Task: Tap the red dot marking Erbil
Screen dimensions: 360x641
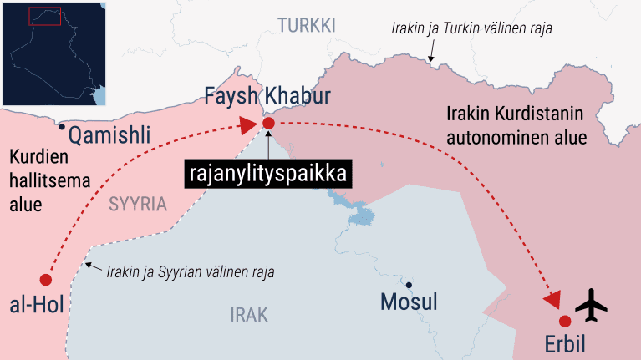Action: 565,321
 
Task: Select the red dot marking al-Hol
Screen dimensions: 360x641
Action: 45,280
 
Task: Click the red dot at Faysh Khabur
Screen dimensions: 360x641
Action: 268,124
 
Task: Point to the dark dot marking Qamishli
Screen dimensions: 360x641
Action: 62,127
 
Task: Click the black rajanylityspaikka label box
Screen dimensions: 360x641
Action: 267,175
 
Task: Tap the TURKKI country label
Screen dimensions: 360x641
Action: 306,26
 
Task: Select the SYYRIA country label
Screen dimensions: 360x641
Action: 137,203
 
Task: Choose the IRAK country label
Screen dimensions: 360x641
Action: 248,314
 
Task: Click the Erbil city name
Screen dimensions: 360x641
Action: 565,344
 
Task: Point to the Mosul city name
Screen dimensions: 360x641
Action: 409,302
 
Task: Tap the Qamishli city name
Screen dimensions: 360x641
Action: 109,134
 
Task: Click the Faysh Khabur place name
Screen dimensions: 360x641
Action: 267,97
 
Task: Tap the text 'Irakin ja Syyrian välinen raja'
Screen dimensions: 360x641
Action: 191,271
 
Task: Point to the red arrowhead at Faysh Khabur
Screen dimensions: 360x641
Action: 247,125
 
